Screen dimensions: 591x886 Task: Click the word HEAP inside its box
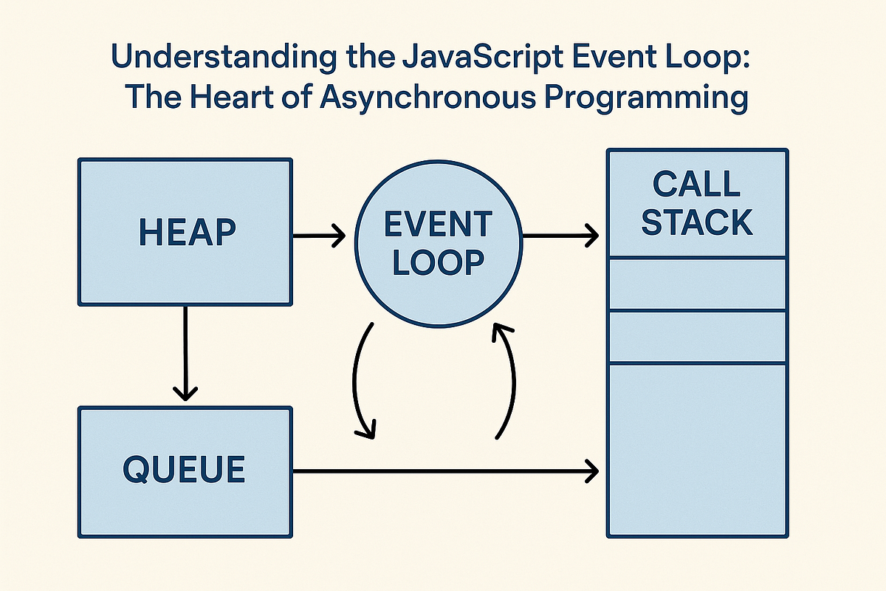click(187, 232)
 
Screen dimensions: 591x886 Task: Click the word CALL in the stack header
click(697, 185)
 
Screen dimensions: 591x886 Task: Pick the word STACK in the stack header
click(697, 222)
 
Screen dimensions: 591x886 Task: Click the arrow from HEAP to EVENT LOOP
click(319, 236)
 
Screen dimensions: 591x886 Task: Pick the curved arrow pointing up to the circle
click(508, 380)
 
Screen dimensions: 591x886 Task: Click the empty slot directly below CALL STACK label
click(697, 284)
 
